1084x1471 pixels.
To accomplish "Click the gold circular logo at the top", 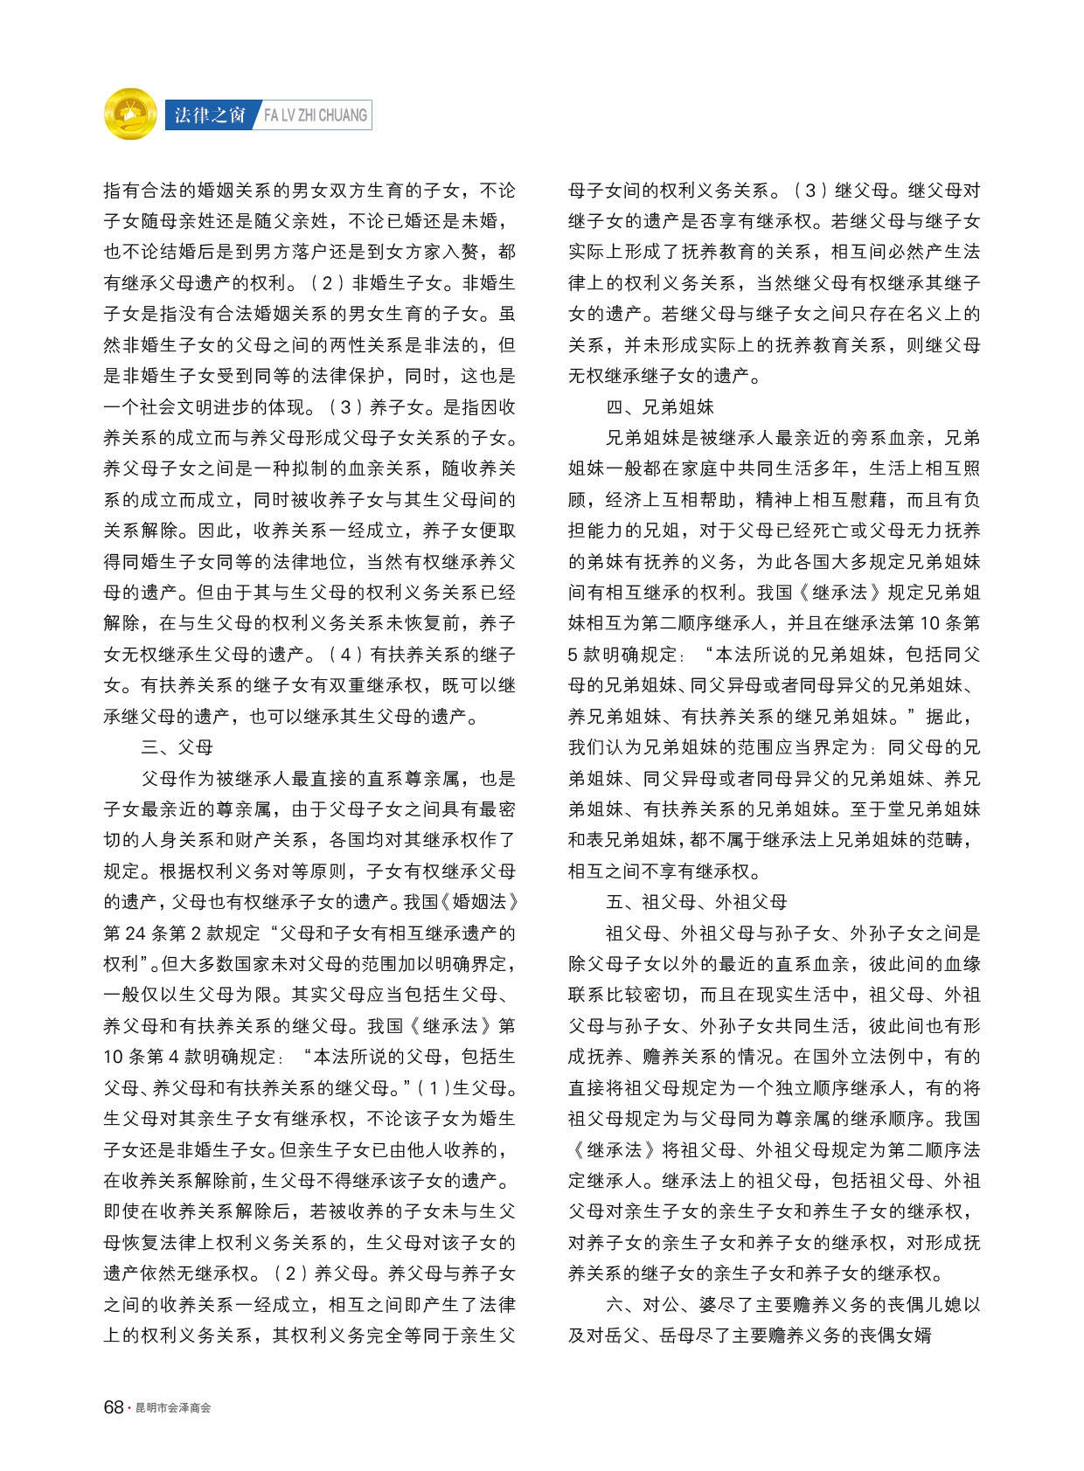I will (130, 114).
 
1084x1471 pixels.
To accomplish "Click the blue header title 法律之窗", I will (210, 115).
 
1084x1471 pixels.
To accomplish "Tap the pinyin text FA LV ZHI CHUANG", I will (316, 115).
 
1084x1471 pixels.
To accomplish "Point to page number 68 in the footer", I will (114, 1407).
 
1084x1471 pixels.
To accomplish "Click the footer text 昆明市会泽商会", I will (173, 1408).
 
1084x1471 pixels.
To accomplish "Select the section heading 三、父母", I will (177, 747).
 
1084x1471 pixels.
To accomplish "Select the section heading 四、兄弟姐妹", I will (660, 407).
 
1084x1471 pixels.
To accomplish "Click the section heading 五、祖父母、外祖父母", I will (697, 902).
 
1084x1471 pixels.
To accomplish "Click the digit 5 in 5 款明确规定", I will (573, 655).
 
